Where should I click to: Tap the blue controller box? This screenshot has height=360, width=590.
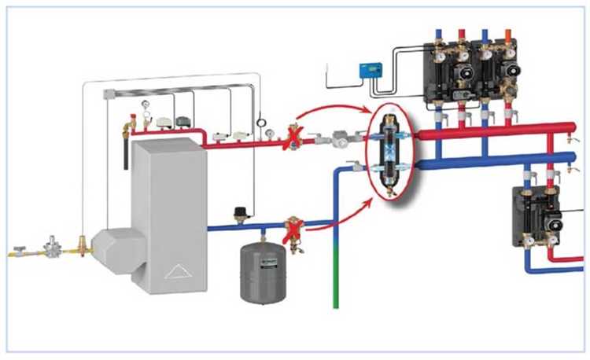pos(369,70)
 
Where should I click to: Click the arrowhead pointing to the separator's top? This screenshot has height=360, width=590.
pos(366,115)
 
